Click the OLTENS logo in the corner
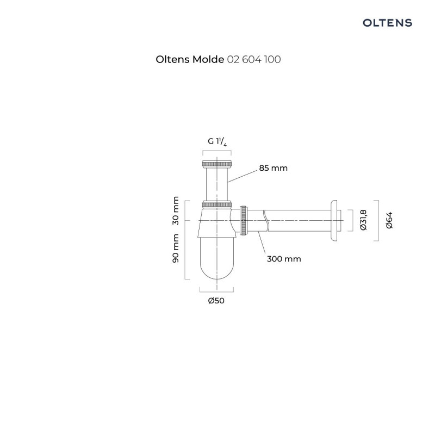click(x=387, y=23)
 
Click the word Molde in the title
click(x=207, y=60)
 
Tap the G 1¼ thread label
click(x=216, y=141)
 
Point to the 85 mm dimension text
click(x=273, y=168)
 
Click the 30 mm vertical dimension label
click(x=176, y=212)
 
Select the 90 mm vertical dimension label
click(x=176, y=248)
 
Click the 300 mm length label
click(x=283, y=259)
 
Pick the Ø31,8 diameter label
click(x=364, y=221)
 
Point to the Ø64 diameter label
click(x=389, y=221)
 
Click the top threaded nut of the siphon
click(x=216, y=163)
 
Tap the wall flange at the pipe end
click(x=333, y=221)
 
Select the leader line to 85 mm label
click(x=242, y=175)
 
